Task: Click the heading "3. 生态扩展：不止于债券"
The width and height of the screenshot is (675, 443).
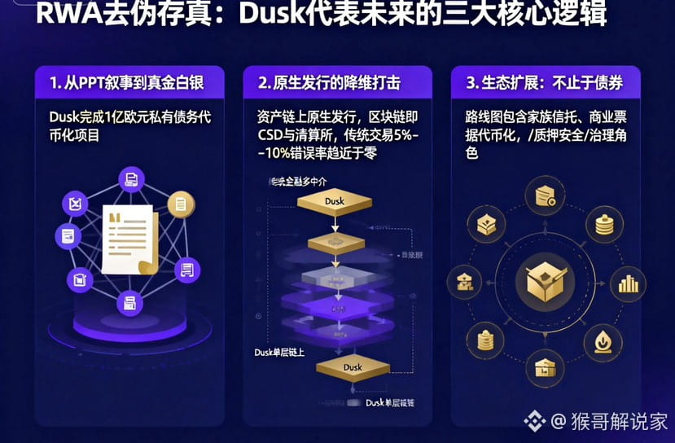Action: click(x=544, y=83)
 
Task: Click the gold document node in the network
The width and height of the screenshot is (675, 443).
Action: click(x=181, y=204)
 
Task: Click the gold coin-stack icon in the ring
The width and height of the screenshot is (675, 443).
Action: click(x=603, y=223)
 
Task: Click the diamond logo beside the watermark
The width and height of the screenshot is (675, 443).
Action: click(x=534, y=421)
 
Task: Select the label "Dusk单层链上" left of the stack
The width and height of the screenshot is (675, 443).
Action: click(x=280, y=352)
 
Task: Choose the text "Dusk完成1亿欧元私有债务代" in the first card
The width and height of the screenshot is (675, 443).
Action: click(x=129, y=116)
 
